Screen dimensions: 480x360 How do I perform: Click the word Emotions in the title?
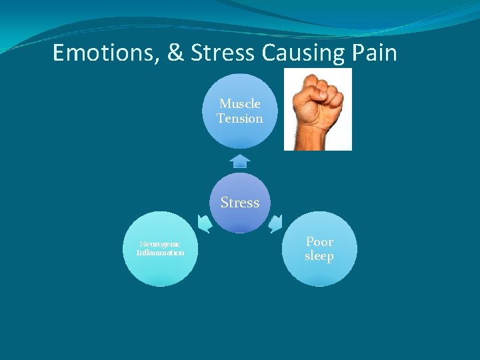click(x=103, y=53)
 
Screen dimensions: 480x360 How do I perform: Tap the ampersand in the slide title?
click(x=176, y=53)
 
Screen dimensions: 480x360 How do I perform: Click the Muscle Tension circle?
click(x=239, y=111)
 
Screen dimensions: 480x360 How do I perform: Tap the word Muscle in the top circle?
click(x=239, y=103)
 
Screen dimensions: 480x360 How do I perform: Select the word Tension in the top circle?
click(x=239, y=119)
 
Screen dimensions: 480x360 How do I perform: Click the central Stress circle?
click(x=239, y=203)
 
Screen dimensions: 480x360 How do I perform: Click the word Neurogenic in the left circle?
click(x=160, y=245)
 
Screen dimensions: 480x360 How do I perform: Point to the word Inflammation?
click(x=160, y=253)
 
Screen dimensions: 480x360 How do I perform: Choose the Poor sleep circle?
click(x=319, y=249)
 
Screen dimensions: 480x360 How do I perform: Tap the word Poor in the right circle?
click(x=319, y=241)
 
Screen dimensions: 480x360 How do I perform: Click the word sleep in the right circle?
click(x=319, y=257)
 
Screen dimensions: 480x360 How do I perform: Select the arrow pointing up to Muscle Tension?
click(x=239, y=161)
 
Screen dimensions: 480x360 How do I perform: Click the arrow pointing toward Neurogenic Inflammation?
click(x=205, y=224)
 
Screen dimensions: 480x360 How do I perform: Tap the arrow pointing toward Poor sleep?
click(x=275, y=223)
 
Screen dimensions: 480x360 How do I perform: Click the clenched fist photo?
click(x=318, y=109)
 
